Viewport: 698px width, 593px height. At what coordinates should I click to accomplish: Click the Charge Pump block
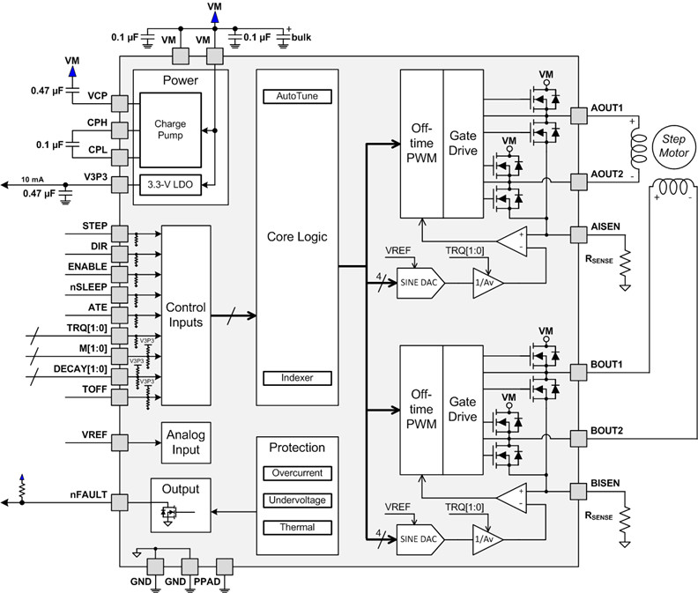170,130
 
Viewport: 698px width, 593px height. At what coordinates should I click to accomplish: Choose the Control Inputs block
186,315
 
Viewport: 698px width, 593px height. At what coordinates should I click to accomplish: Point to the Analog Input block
186,443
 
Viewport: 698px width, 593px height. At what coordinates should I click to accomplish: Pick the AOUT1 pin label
607,108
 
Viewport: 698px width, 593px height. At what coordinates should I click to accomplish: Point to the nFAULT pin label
86,494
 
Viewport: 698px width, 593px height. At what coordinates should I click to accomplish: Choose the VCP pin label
96,95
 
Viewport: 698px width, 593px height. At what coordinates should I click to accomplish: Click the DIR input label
95,246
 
